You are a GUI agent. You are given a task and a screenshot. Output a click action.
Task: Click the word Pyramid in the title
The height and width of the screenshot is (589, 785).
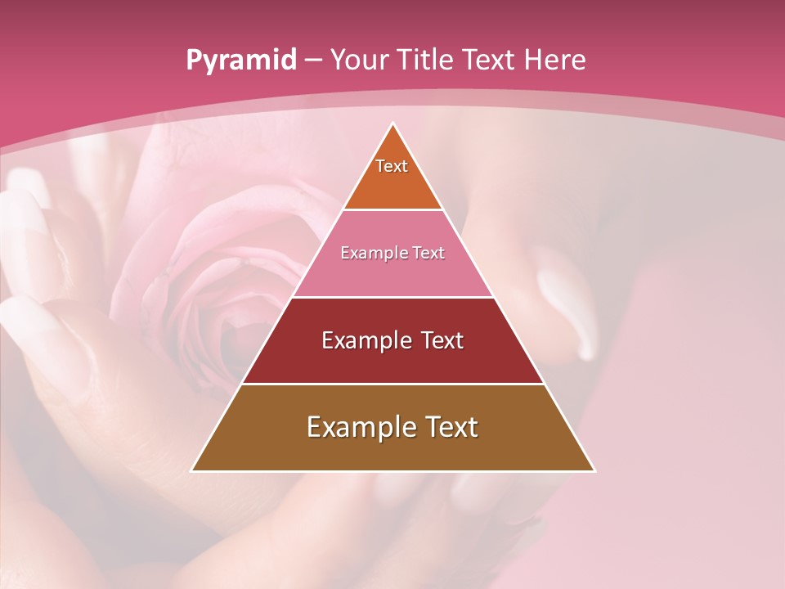[x=241, y=61]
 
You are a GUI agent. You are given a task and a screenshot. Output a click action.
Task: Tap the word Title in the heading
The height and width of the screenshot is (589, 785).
[x=429, y=60]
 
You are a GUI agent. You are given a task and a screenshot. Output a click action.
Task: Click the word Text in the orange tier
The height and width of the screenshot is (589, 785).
[x=392, y=166]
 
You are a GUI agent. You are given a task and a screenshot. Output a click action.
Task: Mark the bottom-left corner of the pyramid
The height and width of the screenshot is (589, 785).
[x=193, y=470]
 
